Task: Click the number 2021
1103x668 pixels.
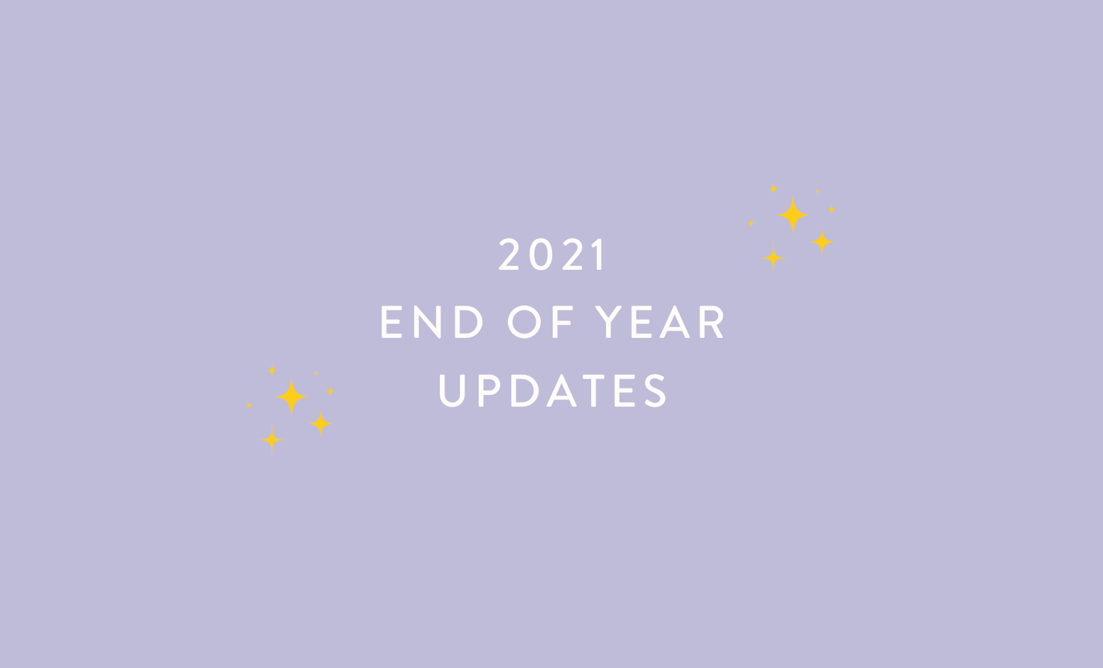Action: pos(552,254)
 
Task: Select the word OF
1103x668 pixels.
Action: pos(541,322)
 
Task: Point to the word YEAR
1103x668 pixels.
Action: pos(661,322)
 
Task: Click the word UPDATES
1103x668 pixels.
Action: pos(552,390)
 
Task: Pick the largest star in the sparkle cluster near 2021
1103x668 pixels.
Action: pos(793,215)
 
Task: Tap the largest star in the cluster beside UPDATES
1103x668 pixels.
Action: pos(292,396)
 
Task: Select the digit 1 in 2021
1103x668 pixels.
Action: pos(601,254)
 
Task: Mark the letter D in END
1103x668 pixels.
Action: pos(468,322)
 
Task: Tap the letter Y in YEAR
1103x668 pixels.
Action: pos(610,322)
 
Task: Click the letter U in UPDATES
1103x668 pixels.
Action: pos(452,390)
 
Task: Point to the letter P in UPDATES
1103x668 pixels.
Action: pos(489,390)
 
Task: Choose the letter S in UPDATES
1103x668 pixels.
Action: pos(656,390)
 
